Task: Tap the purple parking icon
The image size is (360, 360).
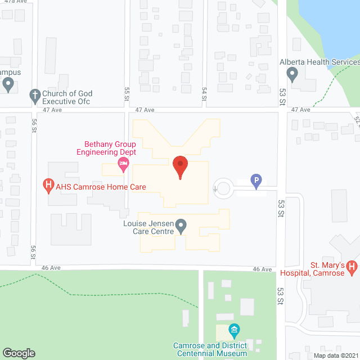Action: (256, 181)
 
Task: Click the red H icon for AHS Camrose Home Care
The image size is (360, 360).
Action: (49, 184)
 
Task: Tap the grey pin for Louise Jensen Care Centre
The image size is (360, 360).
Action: (181, 227)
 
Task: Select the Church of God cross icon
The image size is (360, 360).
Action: (35, 96)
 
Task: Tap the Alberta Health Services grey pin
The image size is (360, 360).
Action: (292, 74)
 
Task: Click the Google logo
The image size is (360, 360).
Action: (18, 353)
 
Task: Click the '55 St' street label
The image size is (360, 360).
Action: (127, 93)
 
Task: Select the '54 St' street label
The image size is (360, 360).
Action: (205, 93)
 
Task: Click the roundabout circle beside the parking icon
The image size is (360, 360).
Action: (224, 188)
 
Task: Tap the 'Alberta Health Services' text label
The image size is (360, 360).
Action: (319, 62)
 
